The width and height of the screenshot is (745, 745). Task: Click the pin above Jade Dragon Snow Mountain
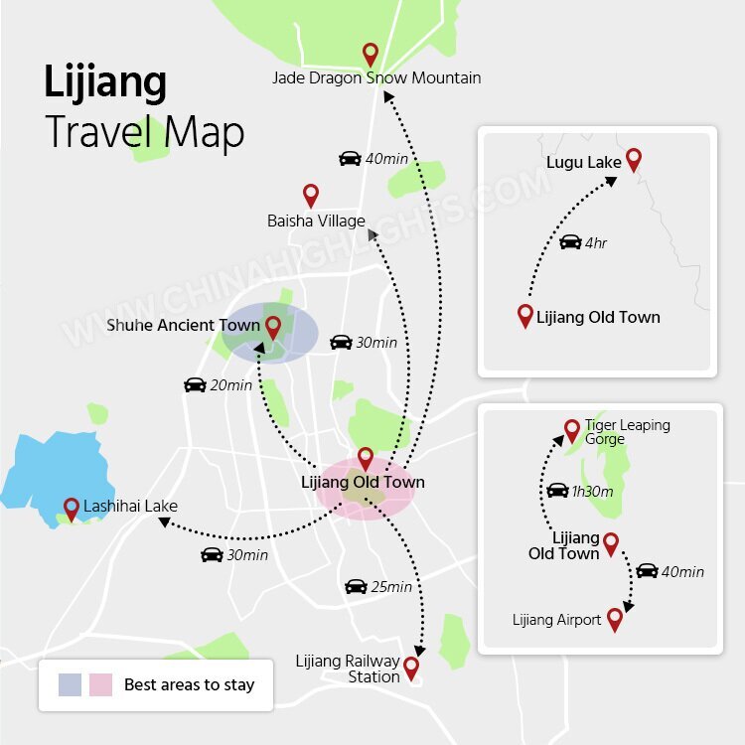[x=371, y=54]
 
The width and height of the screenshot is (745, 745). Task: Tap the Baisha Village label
[x=316, y=221]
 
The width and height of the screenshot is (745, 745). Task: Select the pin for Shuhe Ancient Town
[x=273, y=326]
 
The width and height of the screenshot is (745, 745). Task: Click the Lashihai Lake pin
[x=71, y=509]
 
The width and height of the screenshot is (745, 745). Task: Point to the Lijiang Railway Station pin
[x=410, y=667]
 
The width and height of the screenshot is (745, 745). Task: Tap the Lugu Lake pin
[x=633, y=158]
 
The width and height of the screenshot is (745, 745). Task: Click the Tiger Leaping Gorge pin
[x=571, y=429]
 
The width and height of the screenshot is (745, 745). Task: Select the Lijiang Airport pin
[x=615, y=618]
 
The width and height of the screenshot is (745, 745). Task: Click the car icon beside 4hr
[x=570, y=242]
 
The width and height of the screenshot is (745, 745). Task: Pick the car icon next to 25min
[x=356, y=587]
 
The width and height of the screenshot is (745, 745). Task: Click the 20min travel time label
[x=231, y=385]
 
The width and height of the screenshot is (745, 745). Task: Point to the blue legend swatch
[x=70, y=684]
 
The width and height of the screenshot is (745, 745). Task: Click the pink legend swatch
[x=100, y=684]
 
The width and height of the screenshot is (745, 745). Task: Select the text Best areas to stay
[x=189, y=684]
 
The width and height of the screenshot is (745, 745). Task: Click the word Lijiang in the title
[x=104, y=83]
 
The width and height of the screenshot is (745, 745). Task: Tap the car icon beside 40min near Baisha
[x=350, y=159]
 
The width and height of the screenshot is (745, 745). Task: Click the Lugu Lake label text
[x=583, y=162]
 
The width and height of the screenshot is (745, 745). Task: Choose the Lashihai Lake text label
[x=130, y=506]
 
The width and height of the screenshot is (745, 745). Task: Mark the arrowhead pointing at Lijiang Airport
[x=628, y=607]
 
